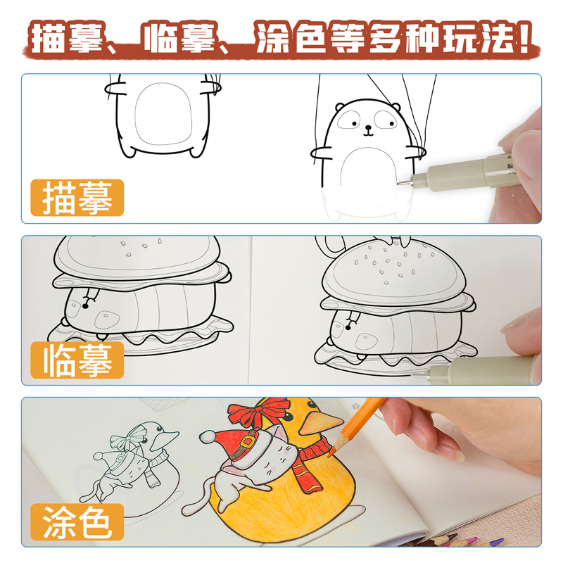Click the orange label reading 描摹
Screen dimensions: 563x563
(x=77, y=198)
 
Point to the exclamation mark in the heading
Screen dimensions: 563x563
(x=524, y=39)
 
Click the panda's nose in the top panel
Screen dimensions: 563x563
(x=367, y=130)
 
